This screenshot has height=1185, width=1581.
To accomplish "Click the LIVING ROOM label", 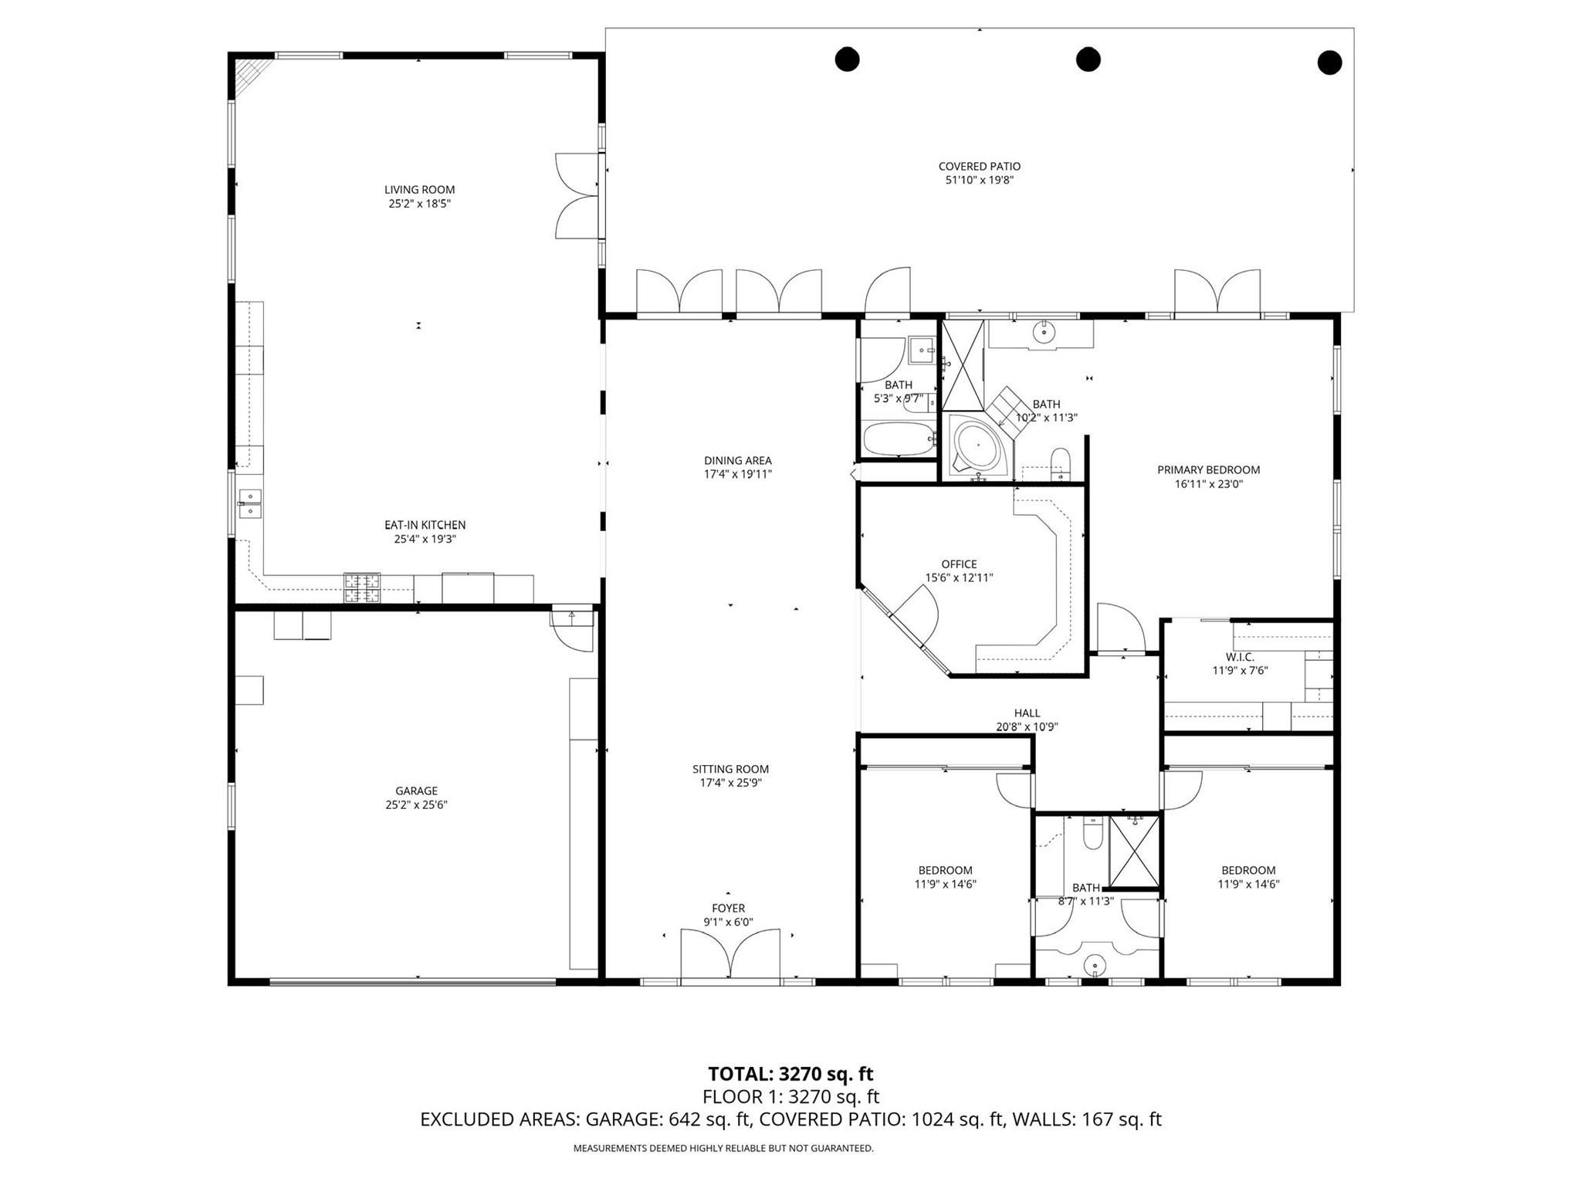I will point(419,190).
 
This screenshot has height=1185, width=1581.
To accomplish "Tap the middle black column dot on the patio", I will point(1088,59).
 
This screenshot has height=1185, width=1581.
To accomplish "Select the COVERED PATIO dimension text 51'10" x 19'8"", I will point(979,181).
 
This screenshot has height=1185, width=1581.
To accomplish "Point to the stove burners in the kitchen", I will point(362,587).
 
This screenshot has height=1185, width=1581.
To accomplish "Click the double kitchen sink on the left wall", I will point(250,503).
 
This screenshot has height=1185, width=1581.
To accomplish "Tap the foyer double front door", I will point(730,955).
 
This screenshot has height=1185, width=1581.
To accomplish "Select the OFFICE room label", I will point(959,564).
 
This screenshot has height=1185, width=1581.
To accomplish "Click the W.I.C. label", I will point(1240,657).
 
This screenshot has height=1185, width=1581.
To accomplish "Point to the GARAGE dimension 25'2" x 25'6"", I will point(417,804).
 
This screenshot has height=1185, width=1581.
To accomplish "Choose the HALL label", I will point(1027,713).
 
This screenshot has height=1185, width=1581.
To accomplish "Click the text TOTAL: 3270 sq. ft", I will point(790,1074).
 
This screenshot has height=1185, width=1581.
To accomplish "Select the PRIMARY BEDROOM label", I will point(1208,470).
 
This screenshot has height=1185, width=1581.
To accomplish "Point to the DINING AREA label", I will point(737,461).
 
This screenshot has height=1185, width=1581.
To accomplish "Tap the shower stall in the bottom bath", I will point(1134,852).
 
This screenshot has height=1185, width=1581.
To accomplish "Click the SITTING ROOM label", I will point(730,769).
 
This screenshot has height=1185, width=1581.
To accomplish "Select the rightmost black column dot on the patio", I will point(1329,62).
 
